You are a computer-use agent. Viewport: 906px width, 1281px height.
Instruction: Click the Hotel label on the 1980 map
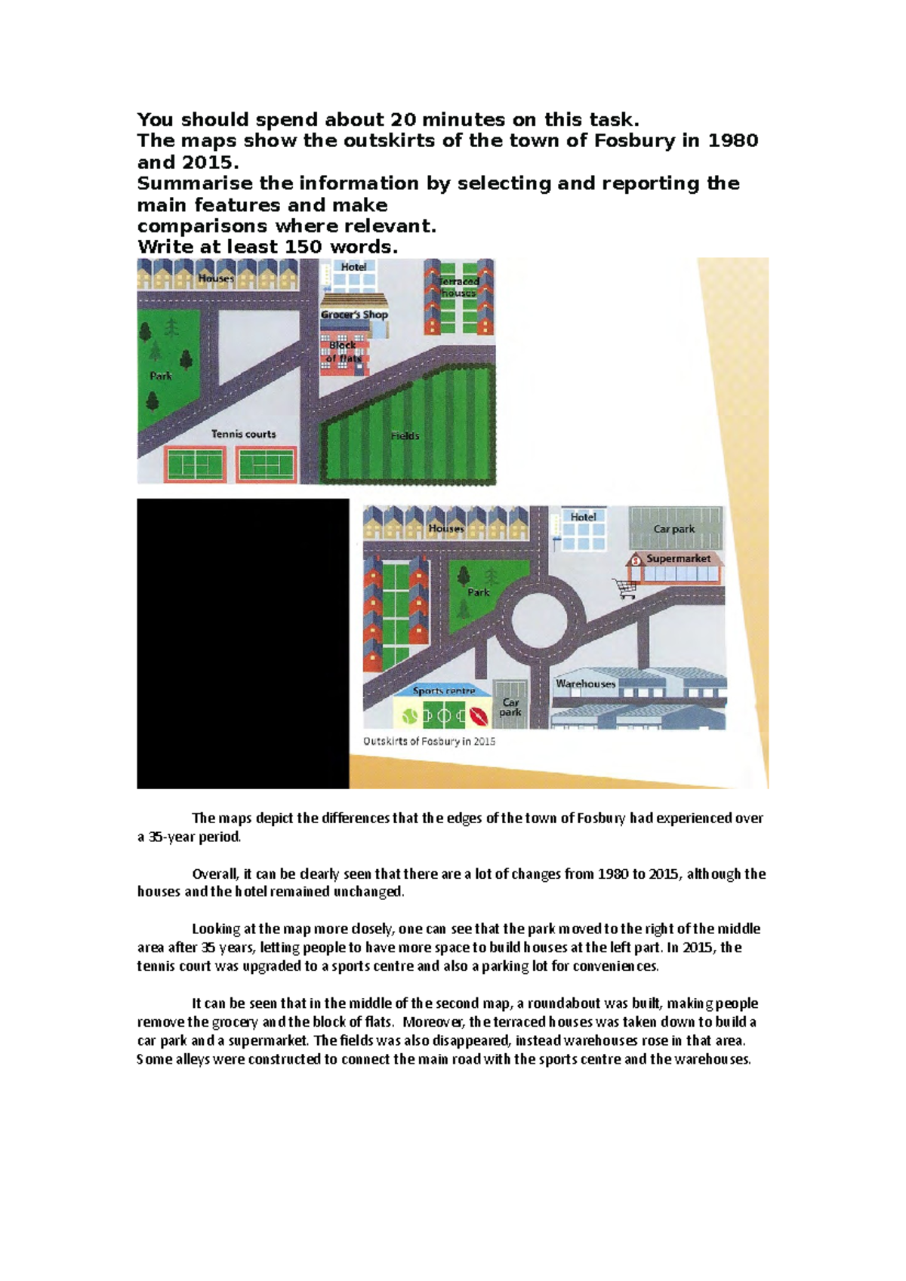point(353,267)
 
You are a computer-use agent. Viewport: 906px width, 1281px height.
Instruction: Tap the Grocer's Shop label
point(354,315)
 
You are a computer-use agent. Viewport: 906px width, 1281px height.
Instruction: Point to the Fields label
point(405,436)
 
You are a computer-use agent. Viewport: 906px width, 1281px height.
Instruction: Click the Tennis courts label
point(243,434)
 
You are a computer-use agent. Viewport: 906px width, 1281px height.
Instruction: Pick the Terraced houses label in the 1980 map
point(459,287)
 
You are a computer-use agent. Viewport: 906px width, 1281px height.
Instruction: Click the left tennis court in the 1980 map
point(196,462)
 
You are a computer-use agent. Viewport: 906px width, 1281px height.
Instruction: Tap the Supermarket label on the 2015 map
point(678,559)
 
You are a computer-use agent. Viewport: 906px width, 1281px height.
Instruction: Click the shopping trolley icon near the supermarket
point(626,588)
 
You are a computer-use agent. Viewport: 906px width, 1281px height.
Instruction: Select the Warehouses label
point(585,684)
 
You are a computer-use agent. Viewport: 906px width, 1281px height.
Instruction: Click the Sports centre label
point(444,690)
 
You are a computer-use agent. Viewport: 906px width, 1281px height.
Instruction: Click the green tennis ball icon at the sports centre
point(409,714)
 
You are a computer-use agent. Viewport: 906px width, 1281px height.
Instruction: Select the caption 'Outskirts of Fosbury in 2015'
point(429,742)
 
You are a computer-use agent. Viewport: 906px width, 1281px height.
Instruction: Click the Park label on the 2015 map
point(478,592)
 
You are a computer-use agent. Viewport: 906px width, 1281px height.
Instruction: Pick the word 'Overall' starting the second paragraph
point(216,874)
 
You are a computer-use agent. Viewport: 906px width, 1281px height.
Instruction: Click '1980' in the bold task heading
point(732,141)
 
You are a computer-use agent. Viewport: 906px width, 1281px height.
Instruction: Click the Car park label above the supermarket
point(673,529)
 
